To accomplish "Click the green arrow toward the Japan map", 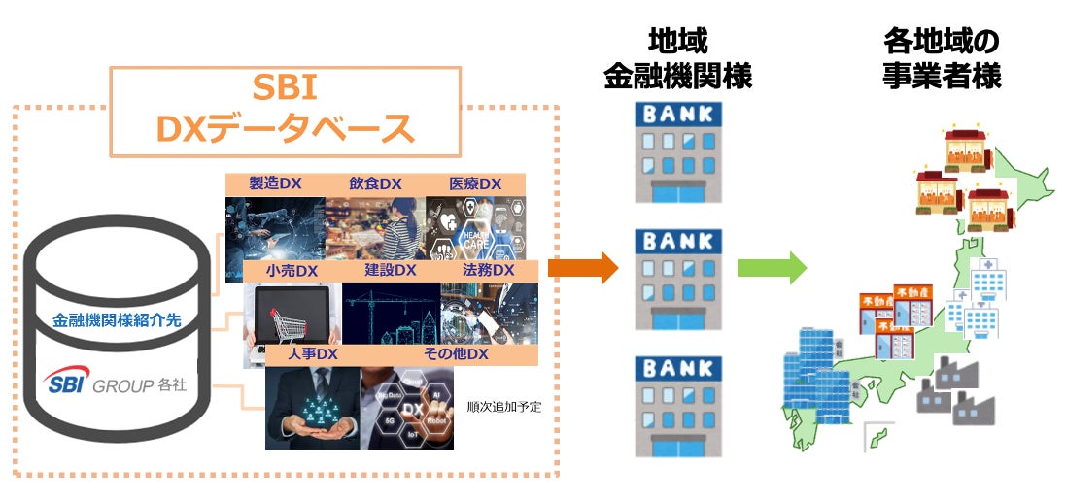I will click(772, 266).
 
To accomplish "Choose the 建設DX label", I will click(391, 269).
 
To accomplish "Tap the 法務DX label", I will click(489, 269).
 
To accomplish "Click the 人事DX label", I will click(312, 354).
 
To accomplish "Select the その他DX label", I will click(456, 354).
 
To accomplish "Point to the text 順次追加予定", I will click(503, 407).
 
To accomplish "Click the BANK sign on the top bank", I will click(677, 114).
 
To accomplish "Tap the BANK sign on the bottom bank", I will click(677, 369).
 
